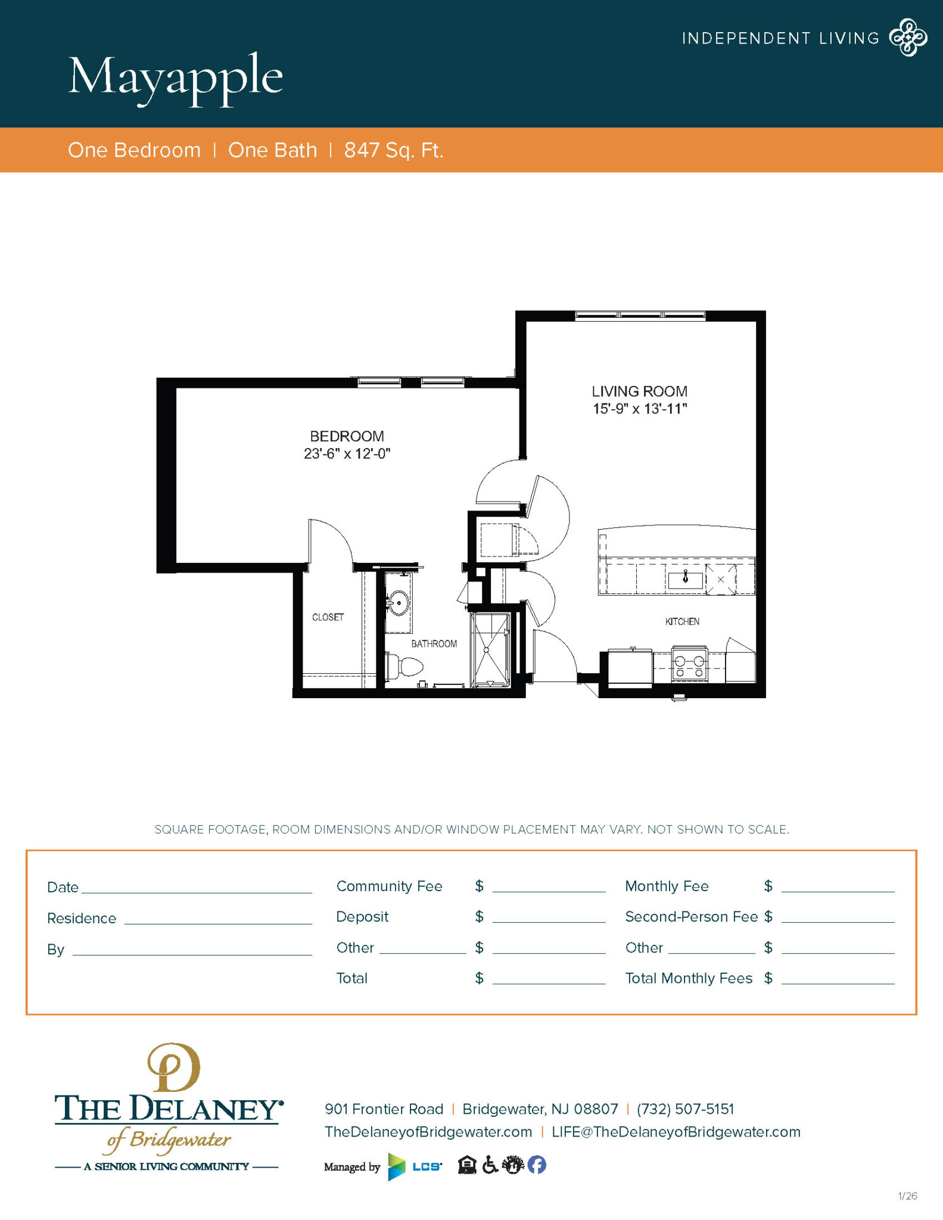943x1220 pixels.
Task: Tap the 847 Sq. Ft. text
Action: [x=393, y=150]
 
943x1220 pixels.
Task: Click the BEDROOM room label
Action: [x=347, y=436]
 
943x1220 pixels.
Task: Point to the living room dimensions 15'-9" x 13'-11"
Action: [x=640, y=409]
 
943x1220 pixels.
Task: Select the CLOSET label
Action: [x=328, y=617]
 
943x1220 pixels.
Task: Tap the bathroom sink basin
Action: [x=398, y=603]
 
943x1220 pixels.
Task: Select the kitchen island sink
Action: [x=685, y=578]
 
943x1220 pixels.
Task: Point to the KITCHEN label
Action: [x=682, y=621]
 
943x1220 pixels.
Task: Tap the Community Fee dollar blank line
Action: [x=549, y=888]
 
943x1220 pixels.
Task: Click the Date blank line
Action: [x=197, y=889]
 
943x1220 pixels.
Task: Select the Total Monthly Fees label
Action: [x=689, y=978]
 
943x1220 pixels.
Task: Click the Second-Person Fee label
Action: [x=691, y=917]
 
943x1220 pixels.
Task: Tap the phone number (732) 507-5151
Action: [x=685, y=1109]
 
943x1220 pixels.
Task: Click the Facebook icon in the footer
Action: [x=537, y=1165]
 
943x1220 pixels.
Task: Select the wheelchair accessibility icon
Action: [x=490, y=1165]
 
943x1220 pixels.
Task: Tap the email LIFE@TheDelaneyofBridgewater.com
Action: [x=676, y=1132]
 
